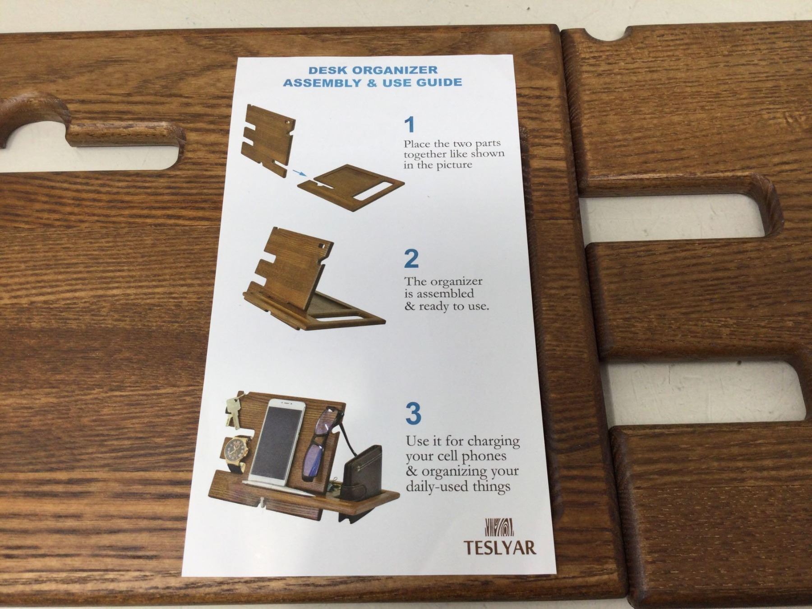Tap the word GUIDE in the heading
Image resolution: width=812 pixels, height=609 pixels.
coord(438,83)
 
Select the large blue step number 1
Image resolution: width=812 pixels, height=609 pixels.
coord(410,125)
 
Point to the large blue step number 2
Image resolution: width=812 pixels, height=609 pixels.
coord(411,258)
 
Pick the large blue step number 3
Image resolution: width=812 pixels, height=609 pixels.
coord(413,413)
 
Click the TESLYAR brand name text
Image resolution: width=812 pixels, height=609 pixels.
coord(500,547)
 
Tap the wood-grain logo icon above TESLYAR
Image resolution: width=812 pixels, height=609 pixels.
coord(499,527)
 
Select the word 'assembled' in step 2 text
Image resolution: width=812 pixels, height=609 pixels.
coord(445,294)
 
